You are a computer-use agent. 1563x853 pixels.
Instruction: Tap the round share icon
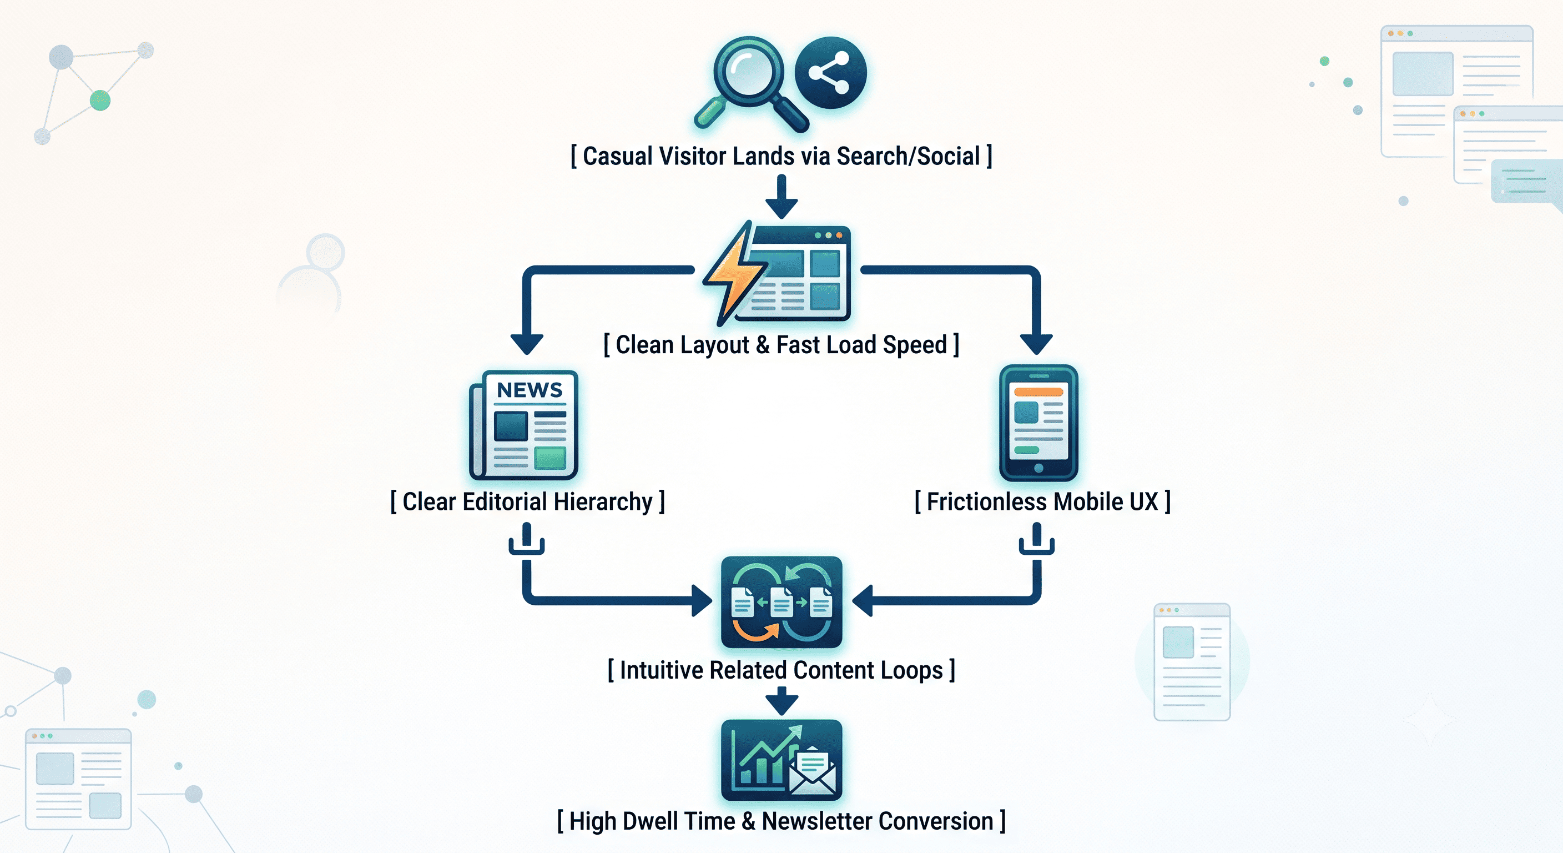tap(831, 73)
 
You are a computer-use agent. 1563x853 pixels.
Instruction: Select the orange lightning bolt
tap(735, 273)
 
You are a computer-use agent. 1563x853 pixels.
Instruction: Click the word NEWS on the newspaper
tap(530, 390)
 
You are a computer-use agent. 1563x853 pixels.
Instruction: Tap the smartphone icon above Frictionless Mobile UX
tap(1038, 423)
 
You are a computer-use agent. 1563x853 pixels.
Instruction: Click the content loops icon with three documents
tap(781, 601)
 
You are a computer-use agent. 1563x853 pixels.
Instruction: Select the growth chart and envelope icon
tap(781, 760)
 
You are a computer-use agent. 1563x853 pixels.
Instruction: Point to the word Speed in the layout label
tap(914, 345)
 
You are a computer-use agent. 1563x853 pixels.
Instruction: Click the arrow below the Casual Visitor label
tap(781, 196)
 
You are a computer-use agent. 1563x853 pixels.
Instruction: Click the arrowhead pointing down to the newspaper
tap(527, 344)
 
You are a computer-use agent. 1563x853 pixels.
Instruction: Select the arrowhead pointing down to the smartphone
tap(1036, 344)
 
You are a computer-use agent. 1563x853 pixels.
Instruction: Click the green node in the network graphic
tap(100, 100)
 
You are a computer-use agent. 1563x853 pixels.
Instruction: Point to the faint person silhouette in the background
tap(312, 273)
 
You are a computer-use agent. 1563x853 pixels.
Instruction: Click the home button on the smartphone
tap(1038, 468)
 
